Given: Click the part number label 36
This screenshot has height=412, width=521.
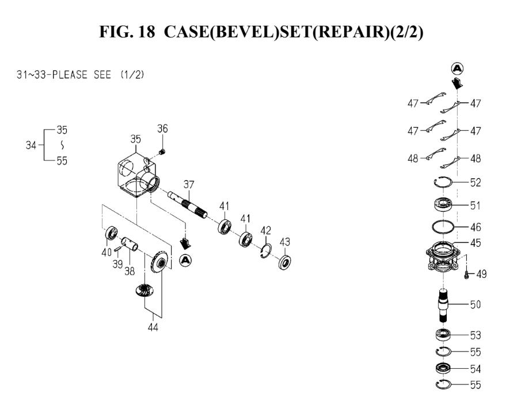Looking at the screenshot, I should tap(162, 129).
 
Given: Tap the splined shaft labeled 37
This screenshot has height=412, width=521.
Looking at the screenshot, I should tap(190, 204).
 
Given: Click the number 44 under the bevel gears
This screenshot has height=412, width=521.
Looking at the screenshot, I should tap(153, 327).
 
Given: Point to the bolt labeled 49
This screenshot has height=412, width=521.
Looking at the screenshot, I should tap(467, 275).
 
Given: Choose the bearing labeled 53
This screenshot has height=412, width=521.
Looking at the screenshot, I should tap(443, 335).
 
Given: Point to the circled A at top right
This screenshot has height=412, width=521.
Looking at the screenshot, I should tap(458, 68).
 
